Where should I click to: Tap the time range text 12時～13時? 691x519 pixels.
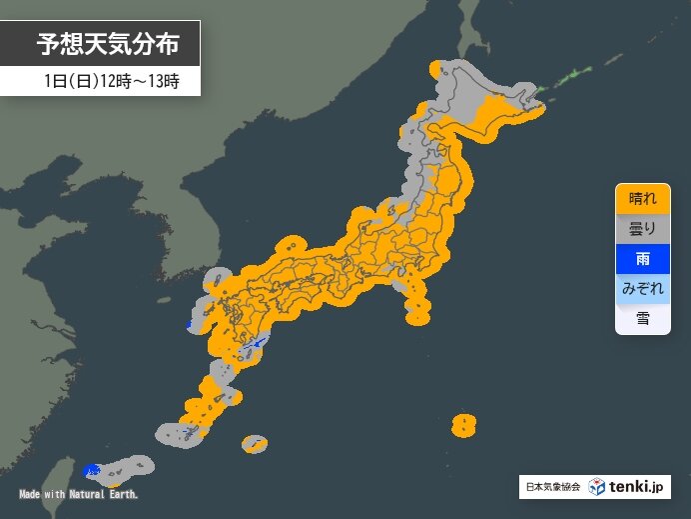tap(139, 82)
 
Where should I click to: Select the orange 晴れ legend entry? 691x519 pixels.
tap(642, 199)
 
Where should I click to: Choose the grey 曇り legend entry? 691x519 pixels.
tap(642, 229)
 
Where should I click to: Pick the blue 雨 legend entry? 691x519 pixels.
tap(642, 259)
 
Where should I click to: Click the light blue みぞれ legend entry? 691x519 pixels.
tap(642, 289)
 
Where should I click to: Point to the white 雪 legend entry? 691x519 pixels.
tap(642, 319)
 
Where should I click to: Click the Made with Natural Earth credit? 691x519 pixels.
tap(78, 495)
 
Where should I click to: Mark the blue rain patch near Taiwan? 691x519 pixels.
tap(93, 469)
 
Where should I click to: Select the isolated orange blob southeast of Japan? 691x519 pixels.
tap(463, 425)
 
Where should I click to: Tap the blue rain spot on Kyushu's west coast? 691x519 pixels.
tap(190, 326)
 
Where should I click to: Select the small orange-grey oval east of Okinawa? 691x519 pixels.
tap(255, 443)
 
